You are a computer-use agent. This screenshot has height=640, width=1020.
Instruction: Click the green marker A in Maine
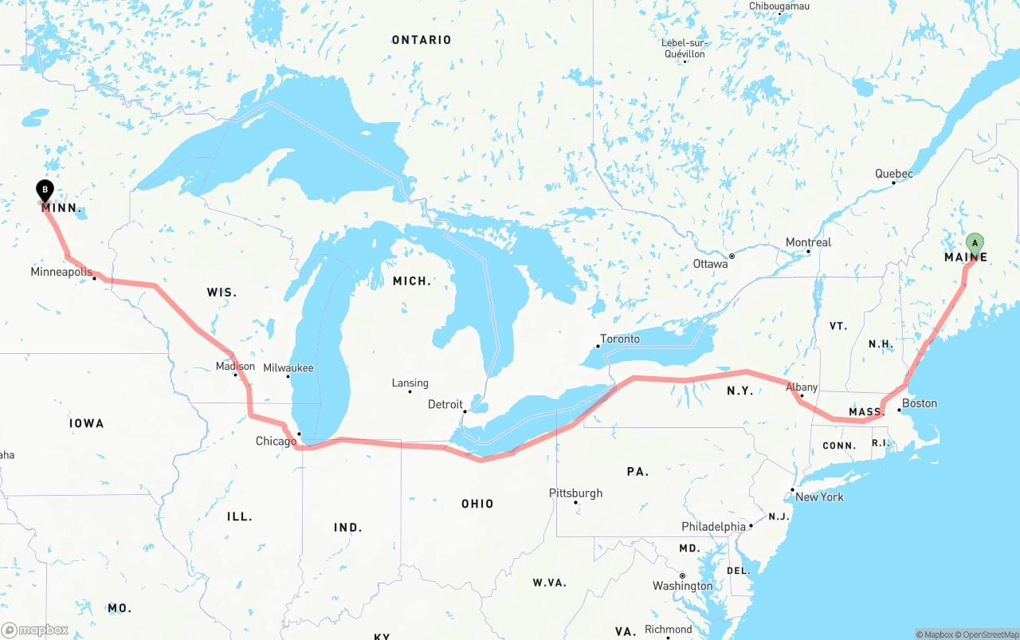[x=975, y=243]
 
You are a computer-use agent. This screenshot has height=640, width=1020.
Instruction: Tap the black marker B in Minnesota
[x=45, y=190]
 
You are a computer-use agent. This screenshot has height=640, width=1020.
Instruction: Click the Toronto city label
[x=619, y=339]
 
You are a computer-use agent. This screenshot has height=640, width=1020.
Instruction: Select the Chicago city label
[x=276, y=441]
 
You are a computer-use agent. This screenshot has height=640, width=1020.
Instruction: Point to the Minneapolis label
[x=61, y=272]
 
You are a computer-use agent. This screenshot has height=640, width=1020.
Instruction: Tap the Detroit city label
[x=445, y=404]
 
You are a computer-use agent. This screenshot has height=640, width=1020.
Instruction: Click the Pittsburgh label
[x=575, y=493]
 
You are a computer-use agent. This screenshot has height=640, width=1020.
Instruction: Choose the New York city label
[x=819, y=497]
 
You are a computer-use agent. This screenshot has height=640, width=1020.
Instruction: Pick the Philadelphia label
[x=713, y=526]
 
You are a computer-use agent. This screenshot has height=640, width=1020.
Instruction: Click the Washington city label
[x=682, y=586]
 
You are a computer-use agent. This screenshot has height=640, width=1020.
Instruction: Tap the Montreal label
[x=808, y=242]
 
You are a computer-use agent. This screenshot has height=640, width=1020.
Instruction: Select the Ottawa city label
[x=710, y=263]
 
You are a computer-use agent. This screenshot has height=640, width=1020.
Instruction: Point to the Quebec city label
[x=894, y=173]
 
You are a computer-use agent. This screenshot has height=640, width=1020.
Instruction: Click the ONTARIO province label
[x=422, y=40]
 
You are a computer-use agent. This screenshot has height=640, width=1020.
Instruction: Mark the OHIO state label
[x=477, y=504]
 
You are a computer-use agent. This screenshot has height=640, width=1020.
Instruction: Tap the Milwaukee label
[x=288, y=367]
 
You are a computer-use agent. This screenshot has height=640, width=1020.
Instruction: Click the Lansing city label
[x=410, y=383]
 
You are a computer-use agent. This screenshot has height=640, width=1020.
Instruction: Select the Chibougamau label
[x=779, y=6]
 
